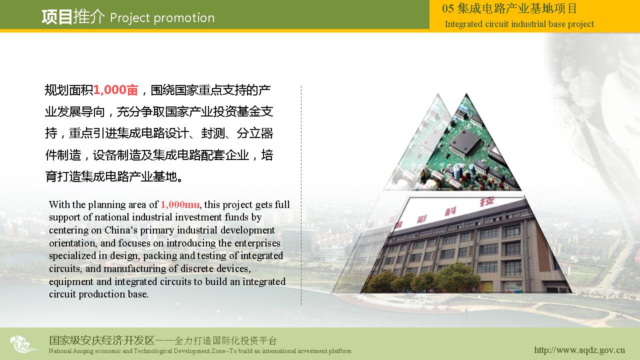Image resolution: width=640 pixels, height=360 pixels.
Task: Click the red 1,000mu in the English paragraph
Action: pyautogui.click(x=180, y=205)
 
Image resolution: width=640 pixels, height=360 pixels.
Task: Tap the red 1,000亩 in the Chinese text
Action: pyautogui.click(x=115, y=90)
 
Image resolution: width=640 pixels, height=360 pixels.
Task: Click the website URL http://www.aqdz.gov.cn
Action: pyautogui.click(x=579, y=350)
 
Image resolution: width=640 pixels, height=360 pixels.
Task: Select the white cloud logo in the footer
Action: pyautogui.click(x=23, y=344)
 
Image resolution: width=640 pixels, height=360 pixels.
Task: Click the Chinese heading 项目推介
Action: pyautogui.click(x=73, y=16)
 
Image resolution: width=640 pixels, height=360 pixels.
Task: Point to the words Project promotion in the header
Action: pyautogui.click(x=162, y=18)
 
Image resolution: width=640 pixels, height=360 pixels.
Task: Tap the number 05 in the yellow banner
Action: pyautogui.click(x=447, y=8)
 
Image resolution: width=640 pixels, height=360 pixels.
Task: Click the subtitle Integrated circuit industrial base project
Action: pyautogui.click(x=519, y=24)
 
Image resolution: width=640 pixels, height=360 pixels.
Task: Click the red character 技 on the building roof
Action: pyautogui.click(x=486, y=201)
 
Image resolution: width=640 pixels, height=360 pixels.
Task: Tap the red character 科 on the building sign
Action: pyautogui.click(x=450, y=211)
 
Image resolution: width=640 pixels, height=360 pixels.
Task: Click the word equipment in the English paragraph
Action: pyautogui.click(x=71, y=282)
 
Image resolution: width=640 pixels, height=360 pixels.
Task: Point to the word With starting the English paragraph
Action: pyautogui.click(x=59, y=204)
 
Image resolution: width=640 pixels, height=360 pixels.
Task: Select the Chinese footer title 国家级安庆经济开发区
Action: pyautogui.click(x=101, y=340)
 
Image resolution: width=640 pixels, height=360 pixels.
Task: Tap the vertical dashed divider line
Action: pyautogui.click(x=301, y=195)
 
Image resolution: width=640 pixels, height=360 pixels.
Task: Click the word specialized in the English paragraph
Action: pyautogui.click(x=72, y=256)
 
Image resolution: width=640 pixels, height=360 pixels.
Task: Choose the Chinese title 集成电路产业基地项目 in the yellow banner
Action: pyautogui.click(x=517, y=8)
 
